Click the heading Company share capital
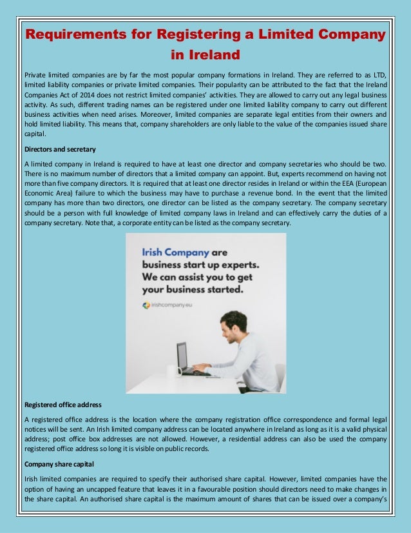pos(59,465)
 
